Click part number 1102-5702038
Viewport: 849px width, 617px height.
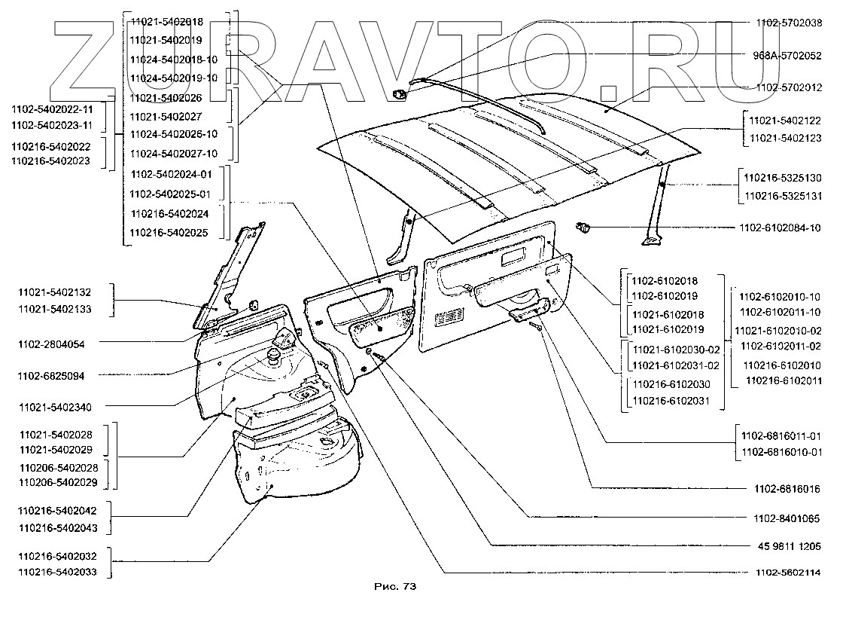pos(788,23)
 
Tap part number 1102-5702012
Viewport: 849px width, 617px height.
pos(788,87)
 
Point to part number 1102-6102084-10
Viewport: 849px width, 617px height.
pos(779,228)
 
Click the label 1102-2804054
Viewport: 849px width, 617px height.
pos(51,344)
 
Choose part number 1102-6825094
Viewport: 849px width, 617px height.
pos(51,375)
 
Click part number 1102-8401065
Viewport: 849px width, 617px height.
pos(787,519)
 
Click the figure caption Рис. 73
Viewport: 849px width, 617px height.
pos(394,586)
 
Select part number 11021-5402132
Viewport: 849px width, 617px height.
pos(56,292)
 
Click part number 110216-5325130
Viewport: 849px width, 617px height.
pos(782,178)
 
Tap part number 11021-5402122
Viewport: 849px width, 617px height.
pos(784,121)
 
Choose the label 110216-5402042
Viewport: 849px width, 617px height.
pos(58,510)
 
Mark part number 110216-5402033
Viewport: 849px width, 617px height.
pos(58,572)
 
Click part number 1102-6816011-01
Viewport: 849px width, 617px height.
pos(781,435)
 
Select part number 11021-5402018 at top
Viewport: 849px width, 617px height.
pos(166,23)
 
